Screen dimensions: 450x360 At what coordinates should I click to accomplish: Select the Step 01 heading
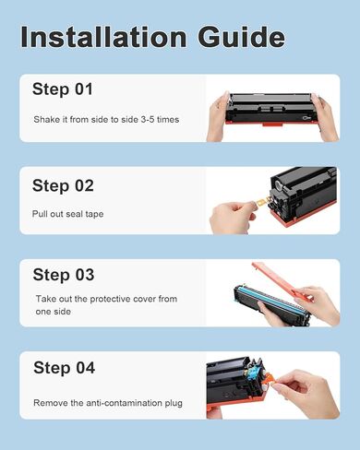point(63,90)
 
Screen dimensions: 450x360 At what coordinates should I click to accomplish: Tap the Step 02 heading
point(63,185)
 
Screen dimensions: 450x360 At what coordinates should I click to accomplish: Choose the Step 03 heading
point(63,275)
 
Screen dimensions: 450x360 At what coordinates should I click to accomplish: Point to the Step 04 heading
point(63,369)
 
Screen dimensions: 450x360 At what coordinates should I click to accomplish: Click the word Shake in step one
point(45,120)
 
